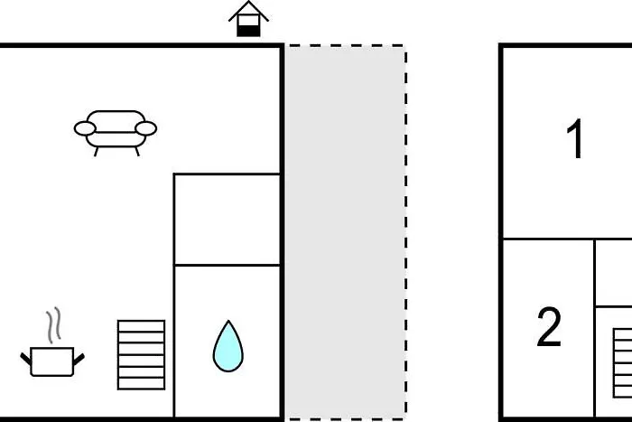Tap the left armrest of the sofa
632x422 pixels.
point(85,129)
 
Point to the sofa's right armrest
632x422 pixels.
point(145,129)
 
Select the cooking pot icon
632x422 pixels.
point(52,361)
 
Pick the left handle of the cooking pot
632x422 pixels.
point(26,359)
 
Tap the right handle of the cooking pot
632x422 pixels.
point(79,359)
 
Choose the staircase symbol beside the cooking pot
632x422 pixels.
point(142,354)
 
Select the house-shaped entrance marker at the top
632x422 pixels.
point(249,19)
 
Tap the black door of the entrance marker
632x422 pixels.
point(249,28)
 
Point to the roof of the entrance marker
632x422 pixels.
point(249,10)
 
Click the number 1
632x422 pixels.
point(575,141)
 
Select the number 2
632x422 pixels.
point(549,327)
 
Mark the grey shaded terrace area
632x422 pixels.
point(346,230)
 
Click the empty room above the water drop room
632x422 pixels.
point(227,220)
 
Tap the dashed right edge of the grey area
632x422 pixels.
point(405,230)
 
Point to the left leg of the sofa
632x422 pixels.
point(96,151)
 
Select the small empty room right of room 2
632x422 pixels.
point(614,273)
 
